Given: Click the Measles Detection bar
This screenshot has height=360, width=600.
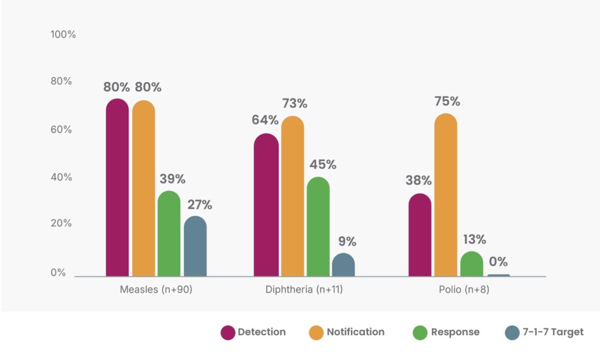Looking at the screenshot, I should [x=117, y=188].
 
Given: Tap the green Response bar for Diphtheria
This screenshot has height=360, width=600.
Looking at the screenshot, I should [x=318, y=226].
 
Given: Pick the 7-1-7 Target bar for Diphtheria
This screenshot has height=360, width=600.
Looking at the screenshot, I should [x=343, y=264].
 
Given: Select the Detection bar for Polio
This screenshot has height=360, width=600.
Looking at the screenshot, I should [x=420, y=235].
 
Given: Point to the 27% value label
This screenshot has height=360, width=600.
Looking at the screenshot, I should [x=199, y=205].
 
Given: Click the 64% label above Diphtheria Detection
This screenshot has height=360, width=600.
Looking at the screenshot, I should [x=265, y=120].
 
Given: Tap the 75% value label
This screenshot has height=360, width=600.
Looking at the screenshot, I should [x=446, y=101].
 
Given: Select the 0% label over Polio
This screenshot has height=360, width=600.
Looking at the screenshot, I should [x=498, y=261].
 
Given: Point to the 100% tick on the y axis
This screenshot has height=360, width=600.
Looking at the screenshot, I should [x=63, y=35].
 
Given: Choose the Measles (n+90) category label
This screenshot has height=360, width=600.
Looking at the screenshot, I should [x=156, y=290].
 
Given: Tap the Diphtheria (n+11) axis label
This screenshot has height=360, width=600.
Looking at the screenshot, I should [x=305, y=290].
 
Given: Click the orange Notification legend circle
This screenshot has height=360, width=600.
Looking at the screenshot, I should [x=316, y=332].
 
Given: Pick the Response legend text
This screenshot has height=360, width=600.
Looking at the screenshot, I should [x=455, y=332].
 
